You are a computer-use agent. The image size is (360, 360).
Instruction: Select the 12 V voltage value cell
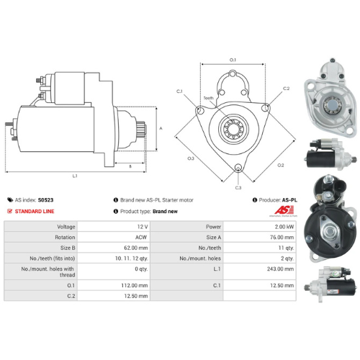[140, 227]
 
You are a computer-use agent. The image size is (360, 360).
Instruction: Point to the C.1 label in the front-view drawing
[179, 91]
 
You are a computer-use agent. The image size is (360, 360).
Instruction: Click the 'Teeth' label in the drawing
[209, 98]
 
